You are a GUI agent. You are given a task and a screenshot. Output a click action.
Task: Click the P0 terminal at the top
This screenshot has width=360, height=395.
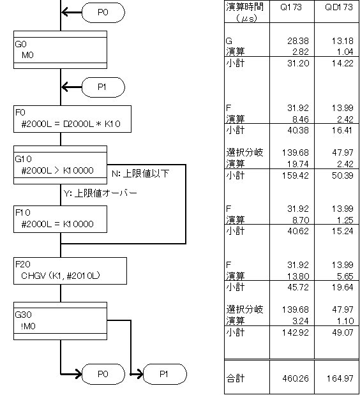[103, 12]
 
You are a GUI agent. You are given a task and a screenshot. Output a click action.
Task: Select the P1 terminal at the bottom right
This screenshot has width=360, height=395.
[165, 374]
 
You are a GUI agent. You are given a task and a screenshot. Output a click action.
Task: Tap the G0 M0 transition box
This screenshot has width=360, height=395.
[60, 50]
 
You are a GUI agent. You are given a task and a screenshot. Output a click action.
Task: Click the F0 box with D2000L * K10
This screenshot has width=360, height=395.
[72, 119]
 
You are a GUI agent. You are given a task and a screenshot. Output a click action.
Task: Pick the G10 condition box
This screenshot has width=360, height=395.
[60, 165]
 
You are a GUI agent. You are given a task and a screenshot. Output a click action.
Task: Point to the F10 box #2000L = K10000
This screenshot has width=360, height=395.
[60, 219]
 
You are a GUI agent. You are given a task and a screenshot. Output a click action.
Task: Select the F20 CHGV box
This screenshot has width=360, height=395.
[70, 271]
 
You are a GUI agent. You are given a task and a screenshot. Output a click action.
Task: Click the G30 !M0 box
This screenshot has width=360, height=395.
[60, 321]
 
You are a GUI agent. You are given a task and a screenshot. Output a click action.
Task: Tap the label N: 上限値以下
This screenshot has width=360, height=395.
[140, 174]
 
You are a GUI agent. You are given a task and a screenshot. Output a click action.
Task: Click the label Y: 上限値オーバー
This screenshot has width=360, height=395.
[100, 193]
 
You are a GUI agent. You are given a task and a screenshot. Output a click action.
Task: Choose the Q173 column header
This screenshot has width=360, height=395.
[291, 7]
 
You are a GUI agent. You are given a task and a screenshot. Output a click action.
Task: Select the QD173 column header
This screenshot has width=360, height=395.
[339, 7]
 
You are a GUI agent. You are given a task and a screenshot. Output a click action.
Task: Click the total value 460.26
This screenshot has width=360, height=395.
[296, 378]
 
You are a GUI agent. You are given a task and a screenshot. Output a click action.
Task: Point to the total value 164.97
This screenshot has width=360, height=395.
[340, 378]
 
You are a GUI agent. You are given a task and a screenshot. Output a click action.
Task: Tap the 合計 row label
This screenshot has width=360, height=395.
[236, 378]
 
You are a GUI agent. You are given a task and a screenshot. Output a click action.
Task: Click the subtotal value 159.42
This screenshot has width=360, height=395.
[296, 175]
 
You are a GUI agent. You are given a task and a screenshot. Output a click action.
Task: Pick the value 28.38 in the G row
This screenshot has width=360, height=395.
[298, 41]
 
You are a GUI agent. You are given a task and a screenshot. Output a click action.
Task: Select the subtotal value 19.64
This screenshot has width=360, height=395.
[342, 287]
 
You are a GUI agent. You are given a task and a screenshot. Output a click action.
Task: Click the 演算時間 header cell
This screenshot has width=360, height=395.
[245, 11]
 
